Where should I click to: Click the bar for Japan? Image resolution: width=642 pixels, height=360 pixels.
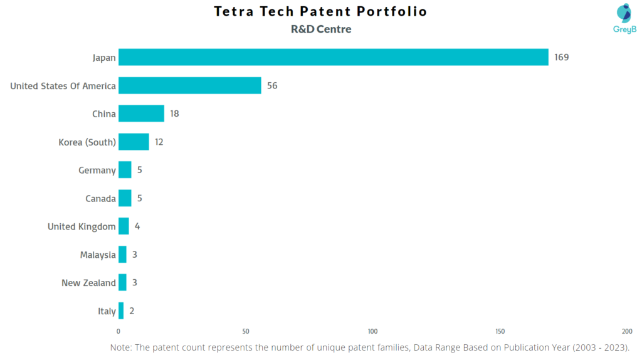click(333, 57)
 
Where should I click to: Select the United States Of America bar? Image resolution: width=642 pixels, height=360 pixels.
click(189, 85)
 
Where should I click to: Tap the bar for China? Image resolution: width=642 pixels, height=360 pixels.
click(141, 114)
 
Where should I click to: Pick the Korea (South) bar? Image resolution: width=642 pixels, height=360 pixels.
click(134, 142)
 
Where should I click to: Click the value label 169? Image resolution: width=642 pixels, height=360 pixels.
click(561, 58)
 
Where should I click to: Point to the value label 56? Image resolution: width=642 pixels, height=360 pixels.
click(272, 86)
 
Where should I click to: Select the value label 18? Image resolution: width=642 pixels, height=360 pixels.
click(174, 114)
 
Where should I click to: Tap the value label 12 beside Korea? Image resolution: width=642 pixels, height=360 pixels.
click(159, 142)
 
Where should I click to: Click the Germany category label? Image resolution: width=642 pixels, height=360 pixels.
click(97, 171)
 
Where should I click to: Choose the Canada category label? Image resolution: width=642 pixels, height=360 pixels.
click(100, 199)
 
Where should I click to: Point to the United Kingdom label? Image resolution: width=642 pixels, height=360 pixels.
click(82, 227)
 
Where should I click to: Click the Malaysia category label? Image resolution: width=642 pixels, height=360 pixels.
click(98, 255)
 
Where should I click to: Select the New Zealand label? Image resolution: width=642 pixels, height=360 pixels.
click(88, 283)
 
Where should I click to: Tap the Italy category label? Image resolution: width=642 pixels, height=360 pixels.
click(107, 312)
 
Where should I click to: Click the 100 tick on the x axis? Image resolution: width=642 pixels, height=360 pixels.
click(373, 331)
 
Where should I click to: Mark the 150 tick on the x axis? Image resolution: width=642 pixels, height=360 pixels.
click(500, 331)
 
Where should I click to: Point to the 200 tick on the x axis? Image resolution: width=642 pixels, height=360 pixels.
click(627, 331)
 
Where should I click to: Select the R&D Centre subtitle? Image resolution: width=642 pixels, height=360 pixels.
click(321, 29)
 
